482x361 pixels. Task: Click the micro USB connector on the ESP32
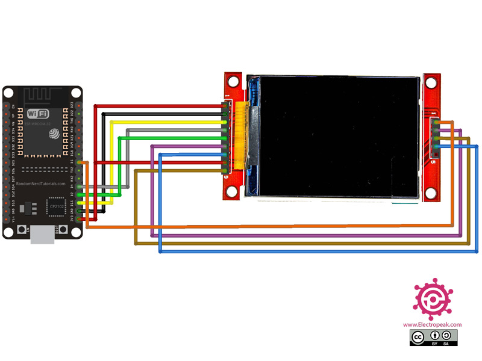click(x=43, y=235)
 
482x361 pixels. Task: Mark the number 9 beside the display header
click(x=226, y=178)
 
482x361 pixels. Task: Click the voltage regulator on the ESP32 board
click(x=25, y=208)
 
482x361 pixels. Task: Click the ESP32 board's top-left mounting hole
click(x=9, y=93)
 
